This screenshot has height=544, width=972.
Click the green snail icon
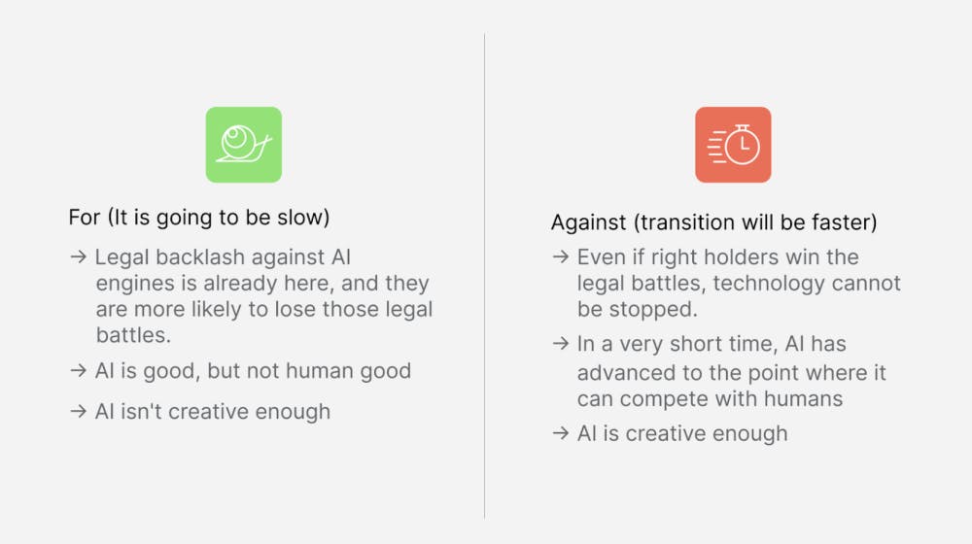coord(244,145)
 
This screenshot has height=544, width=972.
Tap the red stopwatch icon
coord(733,145)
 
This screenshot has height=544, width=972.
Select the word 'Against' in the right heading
coord(588,222)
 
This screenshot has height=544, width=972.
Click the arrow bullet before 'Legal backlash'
coord(78,256)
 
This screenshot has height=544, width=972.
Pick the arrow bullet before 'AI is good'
coord(78,370)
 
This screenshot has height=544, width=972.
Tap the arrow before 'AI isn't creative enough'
coord(78,411)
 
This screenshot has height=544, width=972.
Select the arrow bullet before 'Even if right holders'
coord(561,256)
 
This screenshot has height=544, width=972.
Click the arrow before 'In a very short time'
coord(561,343)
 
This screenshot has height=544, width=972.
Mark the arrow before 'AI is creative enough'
coord(561,433)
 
